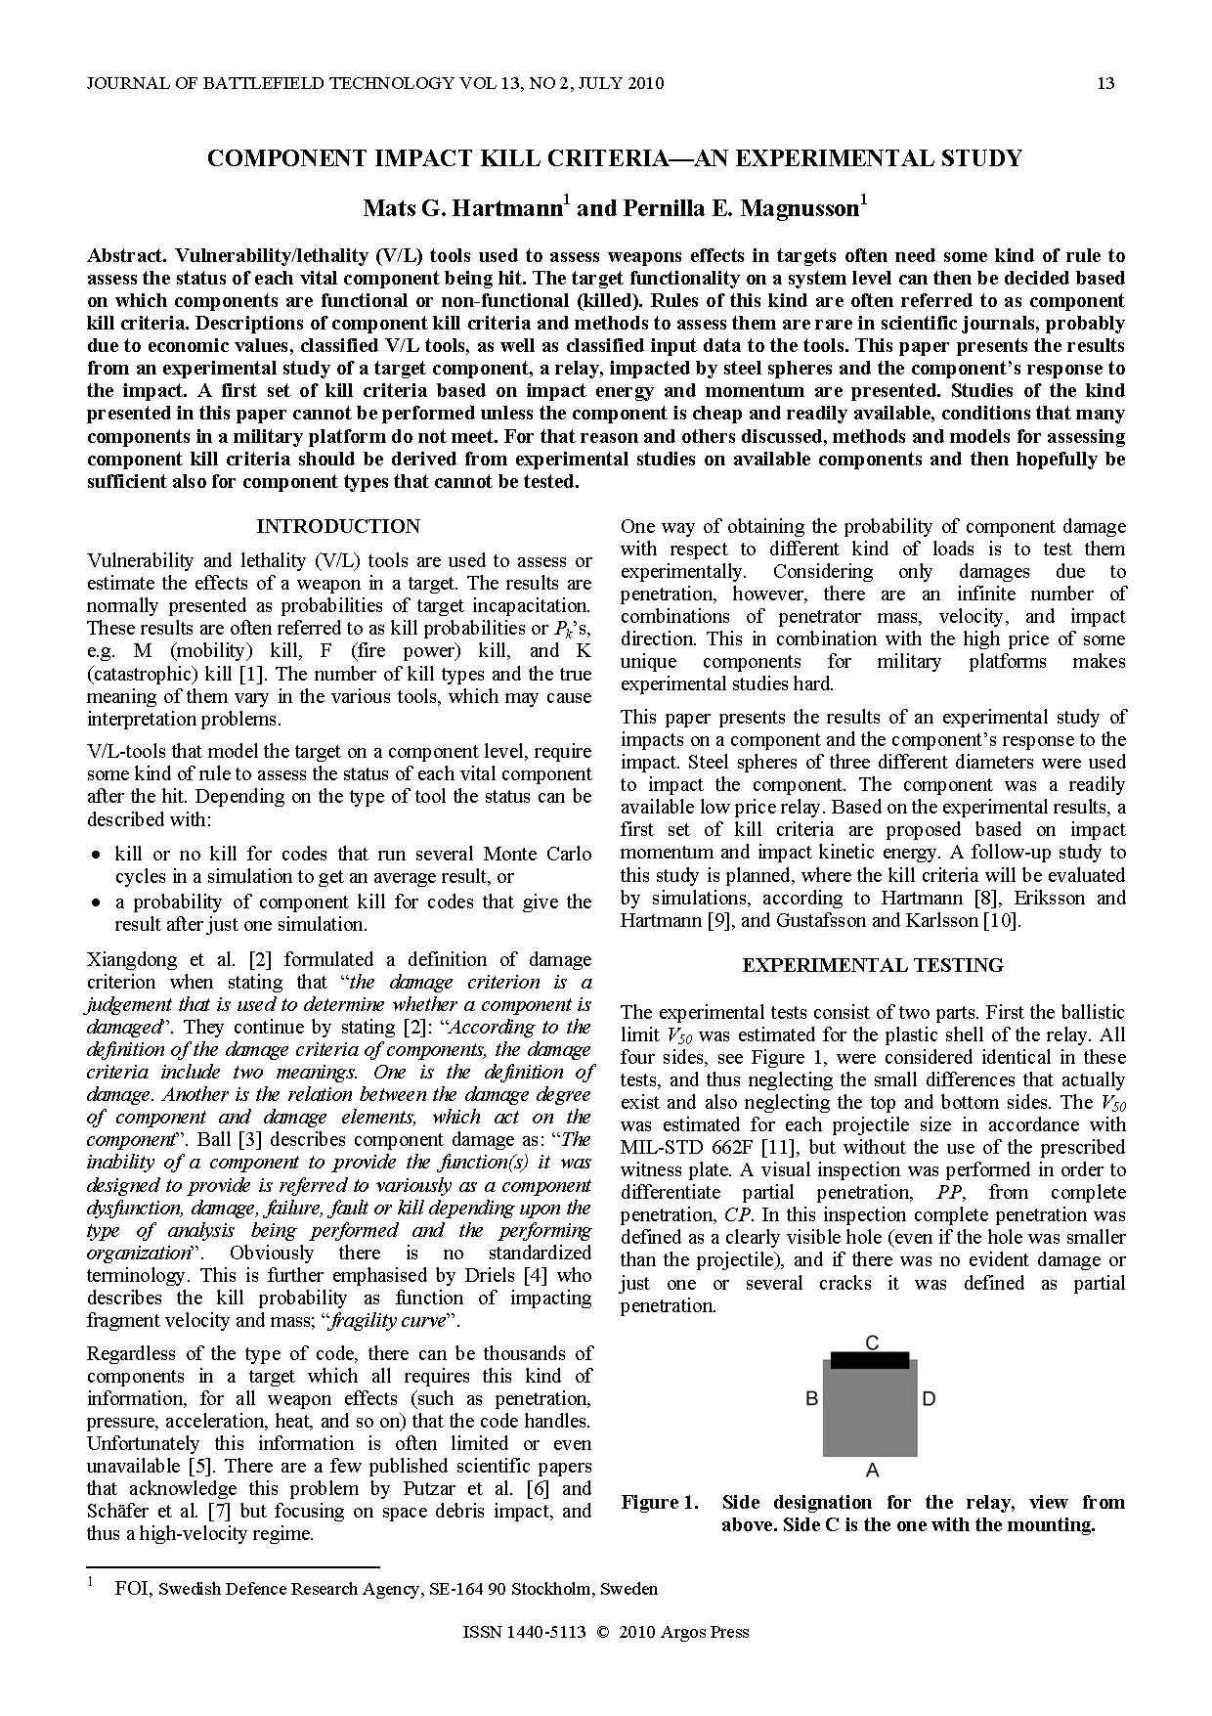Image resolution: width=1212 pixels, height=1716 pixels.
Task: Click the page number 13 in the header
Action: [1105, 83]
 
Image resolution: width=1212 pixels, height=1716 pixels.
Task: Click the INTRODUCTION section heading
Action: [338, 526]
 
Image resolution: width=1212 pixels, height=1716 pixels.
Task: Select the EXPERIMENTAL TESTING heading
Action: [873, 965]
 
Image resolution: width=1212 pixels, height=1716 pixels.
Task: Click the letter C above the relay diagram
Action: [872, 1342]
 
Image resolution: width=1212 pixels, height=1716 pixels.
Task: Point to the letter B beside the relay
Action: [811, 1399]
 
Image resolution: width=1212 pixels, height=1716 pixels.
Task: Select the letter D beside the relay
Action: [929, 1399]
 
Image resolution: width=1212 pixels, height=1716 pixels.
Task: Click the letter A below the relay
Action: [873, 1470]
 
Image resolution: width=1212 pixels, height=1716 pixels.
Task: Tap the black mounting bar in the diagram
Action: [870, 1360]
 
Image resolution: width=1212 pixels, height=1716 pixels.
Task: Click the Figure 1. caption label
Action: [660, 1502]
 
